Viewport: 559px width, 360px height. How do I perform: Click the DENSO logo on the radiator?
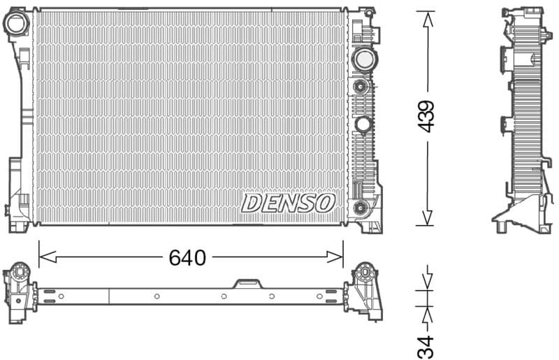288,203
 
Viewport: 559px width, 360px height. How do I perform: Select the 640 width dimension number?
187,258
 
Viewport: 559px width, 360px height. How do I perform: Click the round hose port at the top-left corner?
15,24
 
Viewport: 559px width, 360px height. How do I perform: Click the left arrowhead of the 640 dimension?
41,257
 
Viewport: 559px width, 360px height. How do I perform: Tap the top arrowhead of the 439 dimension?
426,15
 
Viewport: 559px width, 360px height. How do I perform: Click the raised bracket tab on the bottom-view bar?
247,283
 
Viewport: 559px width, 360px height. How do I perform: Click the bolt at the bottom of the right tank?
361,207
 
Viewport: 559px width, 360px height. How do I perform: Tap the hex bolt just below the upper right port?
361,87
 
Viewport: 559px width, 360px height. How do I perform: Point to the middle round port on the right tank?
363,124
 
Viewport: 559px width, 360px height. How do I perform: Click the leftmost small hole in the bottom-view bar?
61,296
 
